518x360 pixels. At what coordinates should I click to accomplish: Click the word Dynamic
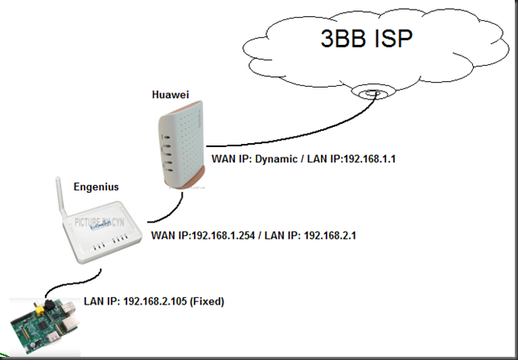click(271, 159)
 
